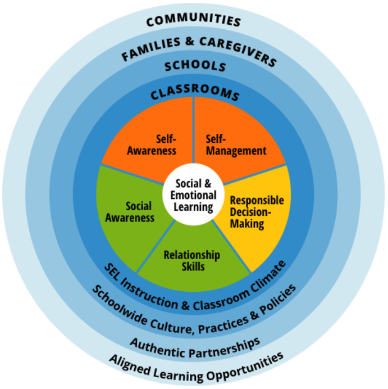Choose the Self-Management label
[235, 144]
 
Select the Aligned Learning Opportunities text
[197, 364]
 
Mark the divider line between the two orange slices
[194, 129]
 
